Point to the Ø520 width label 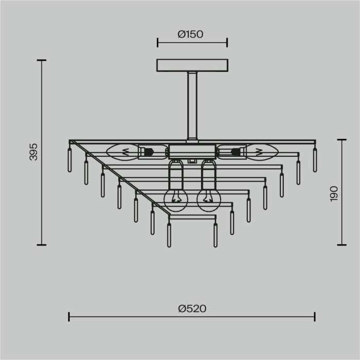[192, 309]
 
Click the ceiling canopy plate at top [192, 66]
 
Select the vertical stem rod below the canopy [192, 105]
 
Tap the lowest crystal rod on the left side [169, 235]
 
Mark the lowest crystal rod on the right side [215, 235]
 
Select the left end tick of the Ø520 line [69, 316]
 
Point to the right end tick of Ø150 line [227, 43]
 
